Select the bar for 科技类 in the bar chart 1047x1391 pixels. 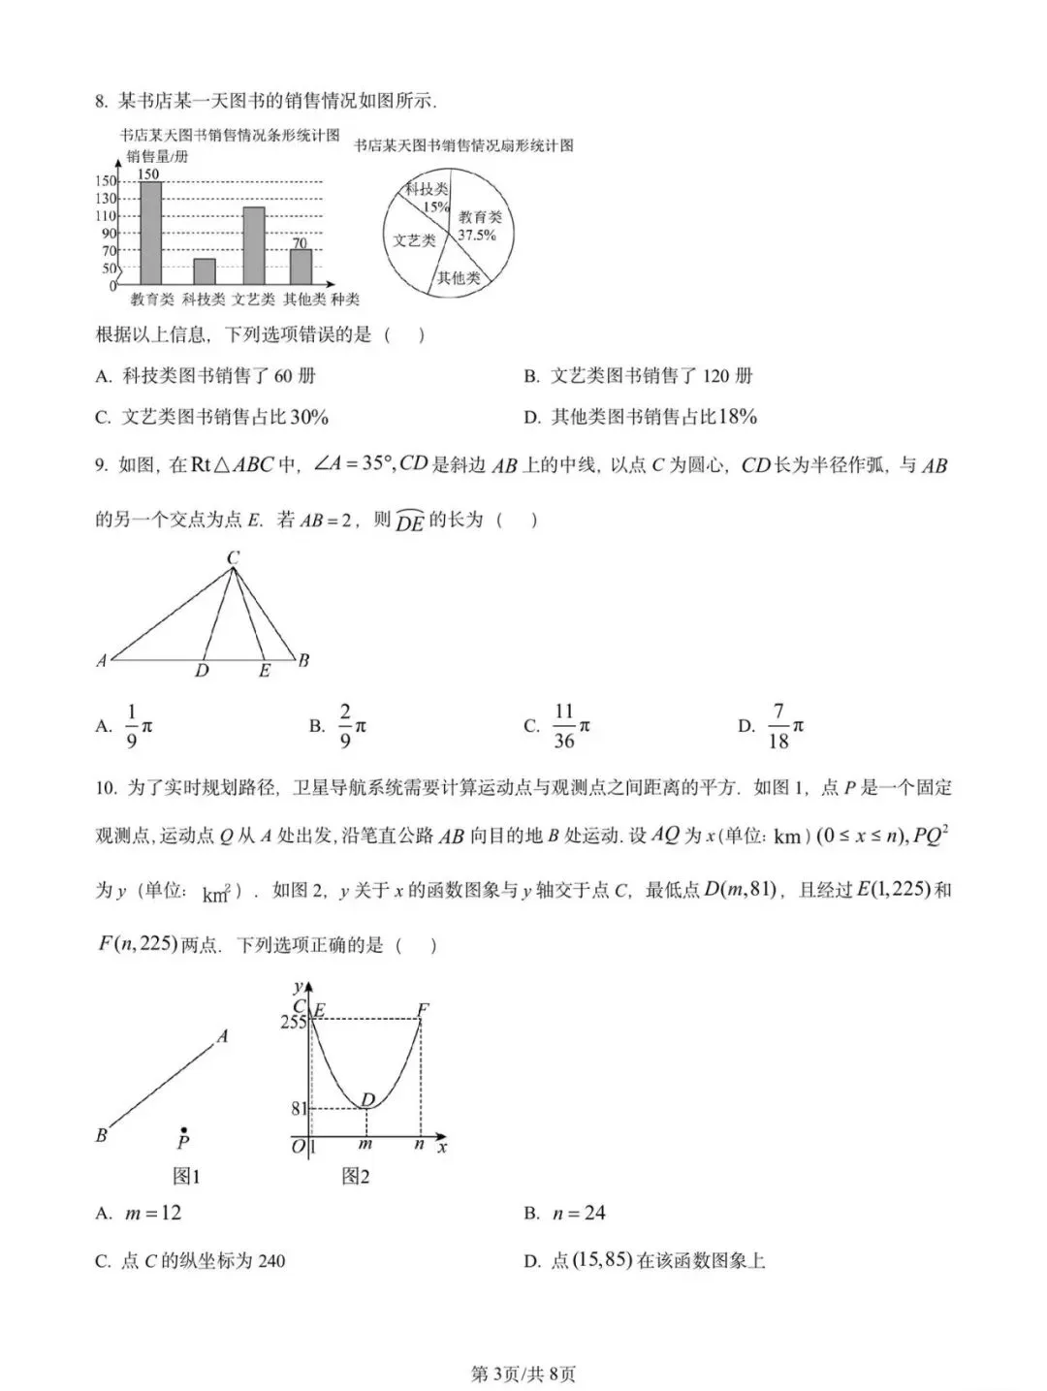click(204, 271)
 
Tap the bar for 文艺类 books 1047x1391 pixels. click(254, 245)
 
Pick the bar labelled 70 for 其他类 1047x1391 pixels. click(301, 266)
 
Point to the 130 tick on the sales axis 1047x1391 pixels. click(106, 198)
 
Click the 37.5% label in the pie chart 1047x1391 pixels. click(477, 236)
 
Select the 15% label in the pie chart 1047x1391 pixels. click(435, 206)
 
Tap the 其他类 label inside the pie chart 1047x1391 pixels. click(459, 278)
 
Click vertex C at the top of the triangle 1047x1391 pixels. click(233, 557)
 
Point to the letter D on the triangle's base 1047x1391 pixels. click(202, 671)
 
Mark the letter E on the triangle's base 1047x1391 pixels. click(264, 671)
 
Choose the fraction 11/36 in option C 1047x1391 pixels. click(564, 726)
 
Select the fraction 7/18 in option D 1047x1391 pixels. click(777, 726)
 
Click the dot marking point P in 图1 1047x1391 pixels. click(183, 1129)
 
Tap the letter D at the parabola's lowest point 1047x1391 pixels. click(368, 1099)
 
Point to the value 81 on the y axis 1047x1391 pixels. click(300, 1108)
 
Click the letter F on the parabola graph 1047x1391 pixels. click(423, 1009)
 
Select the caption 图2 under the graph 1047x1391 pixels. click(356, 1176)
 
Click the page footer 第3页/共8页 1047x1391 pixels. click(523, 1374)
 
